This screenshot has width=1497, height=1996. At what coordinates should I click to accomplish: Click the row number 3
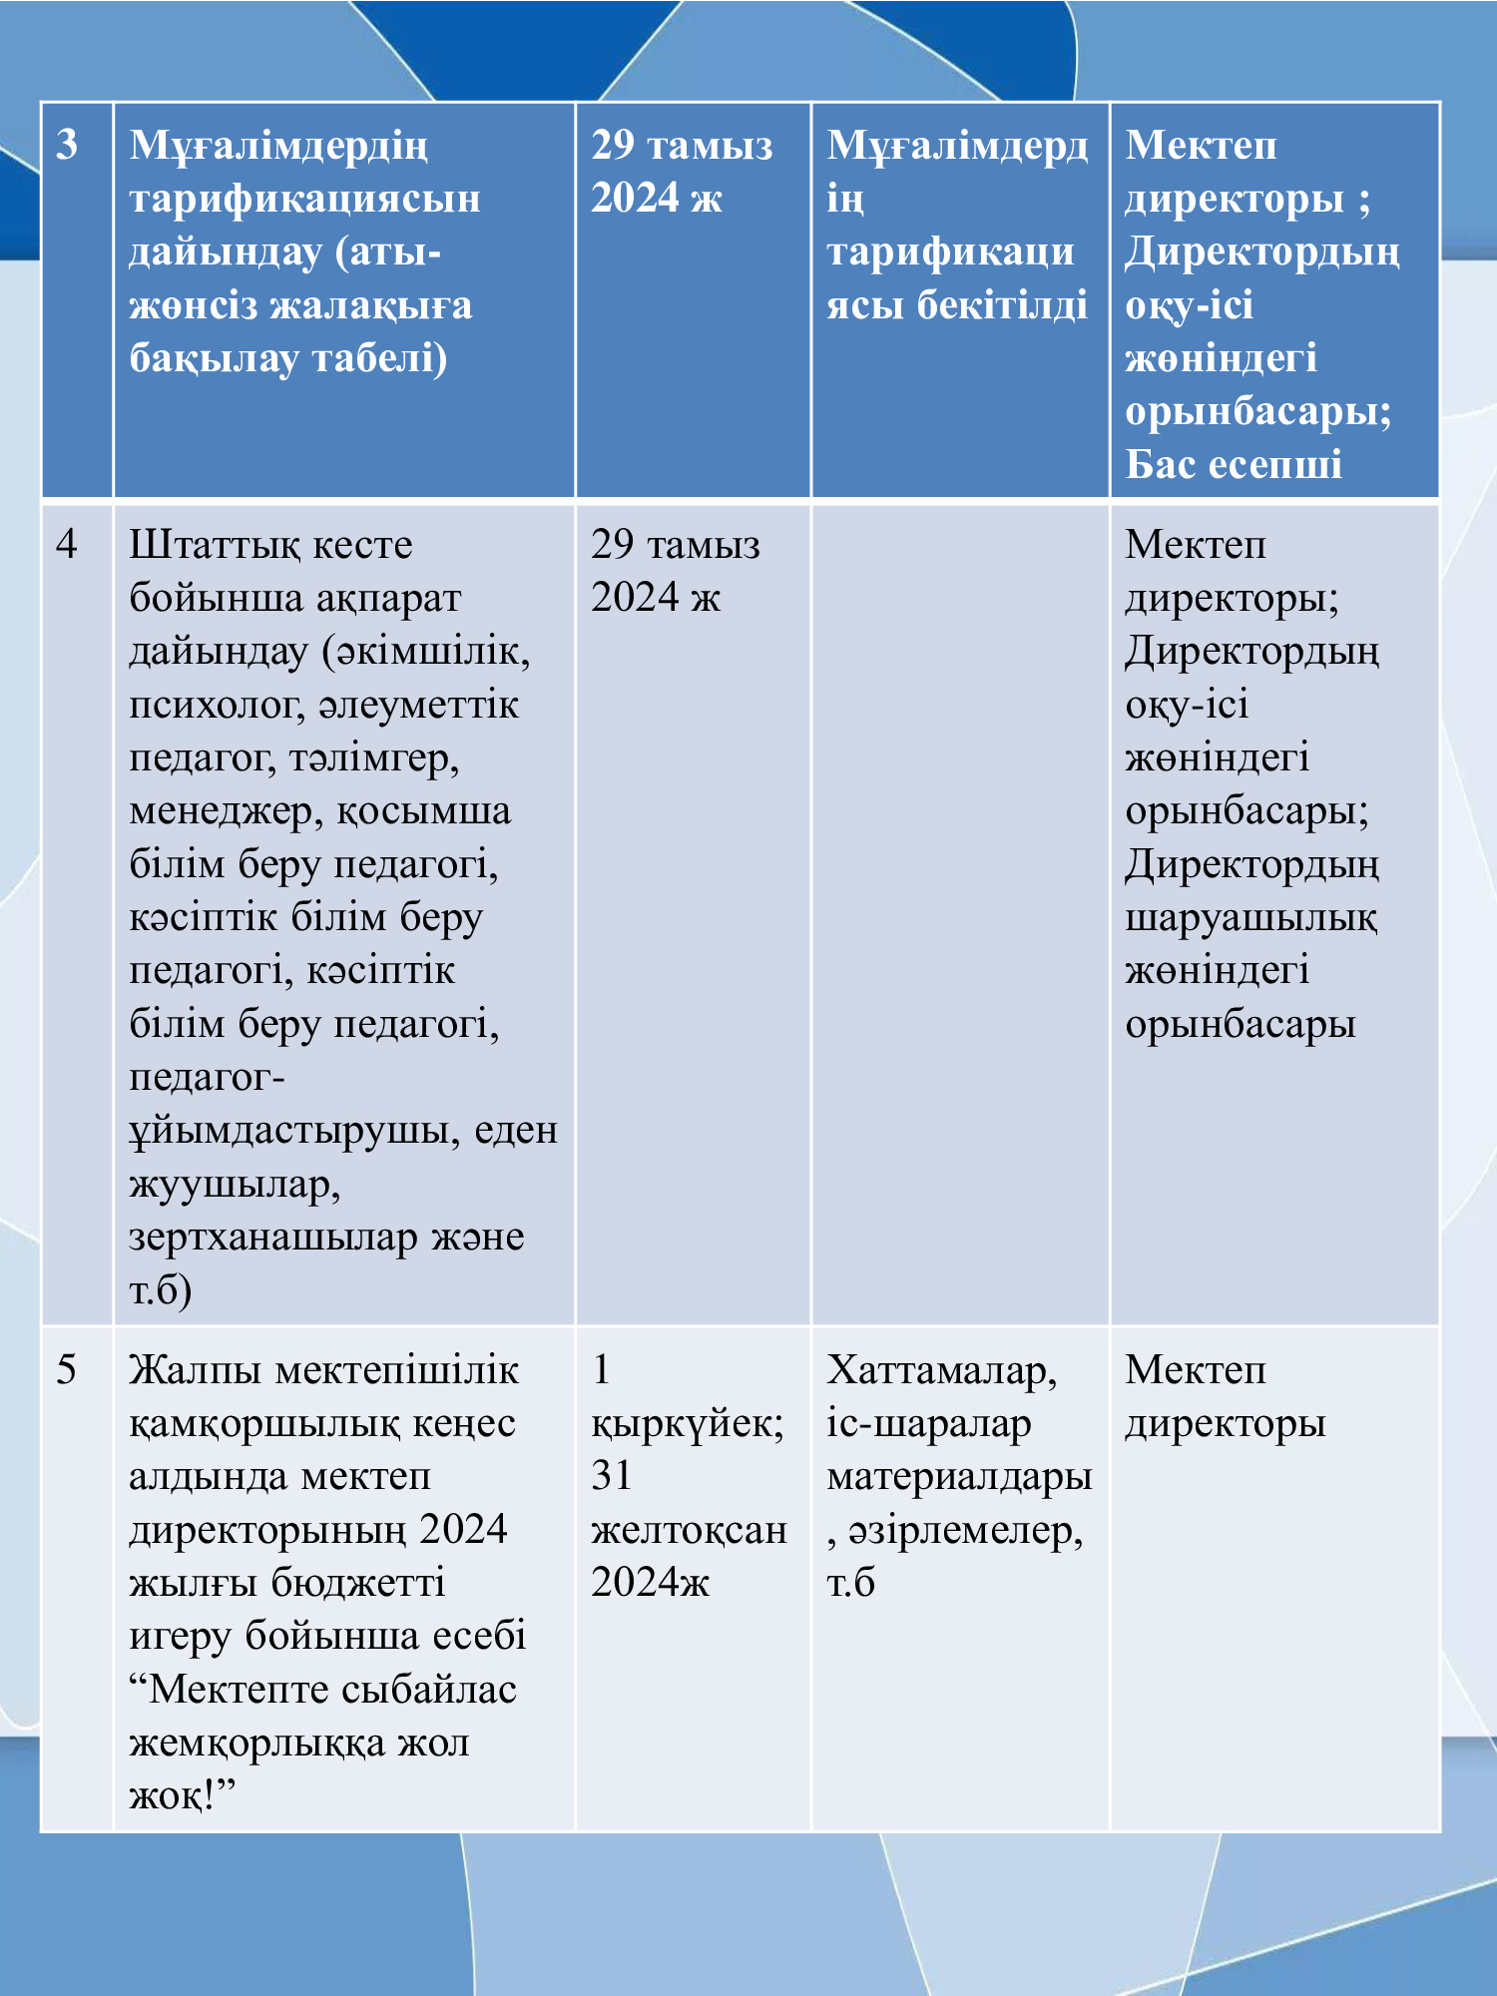(x=67, y=146)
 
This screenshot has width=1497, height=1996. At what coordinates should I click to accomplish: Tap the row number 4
(x=67, y=545)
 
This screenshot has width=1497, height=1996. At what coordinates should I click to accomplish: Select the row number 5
(x=67, y=1370)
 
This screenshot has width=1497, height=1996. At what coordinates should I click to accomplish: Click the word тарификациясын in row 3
(x=304, y=199)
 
